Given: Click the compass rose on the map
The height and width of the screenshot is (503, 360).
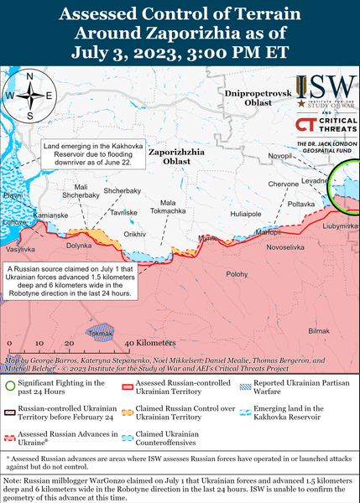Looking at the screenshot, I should click(x=30, y=95).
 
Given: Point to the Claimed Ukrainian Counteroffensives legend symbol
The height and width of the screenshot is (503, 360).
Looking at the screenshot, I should click(x=127, y=438).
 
